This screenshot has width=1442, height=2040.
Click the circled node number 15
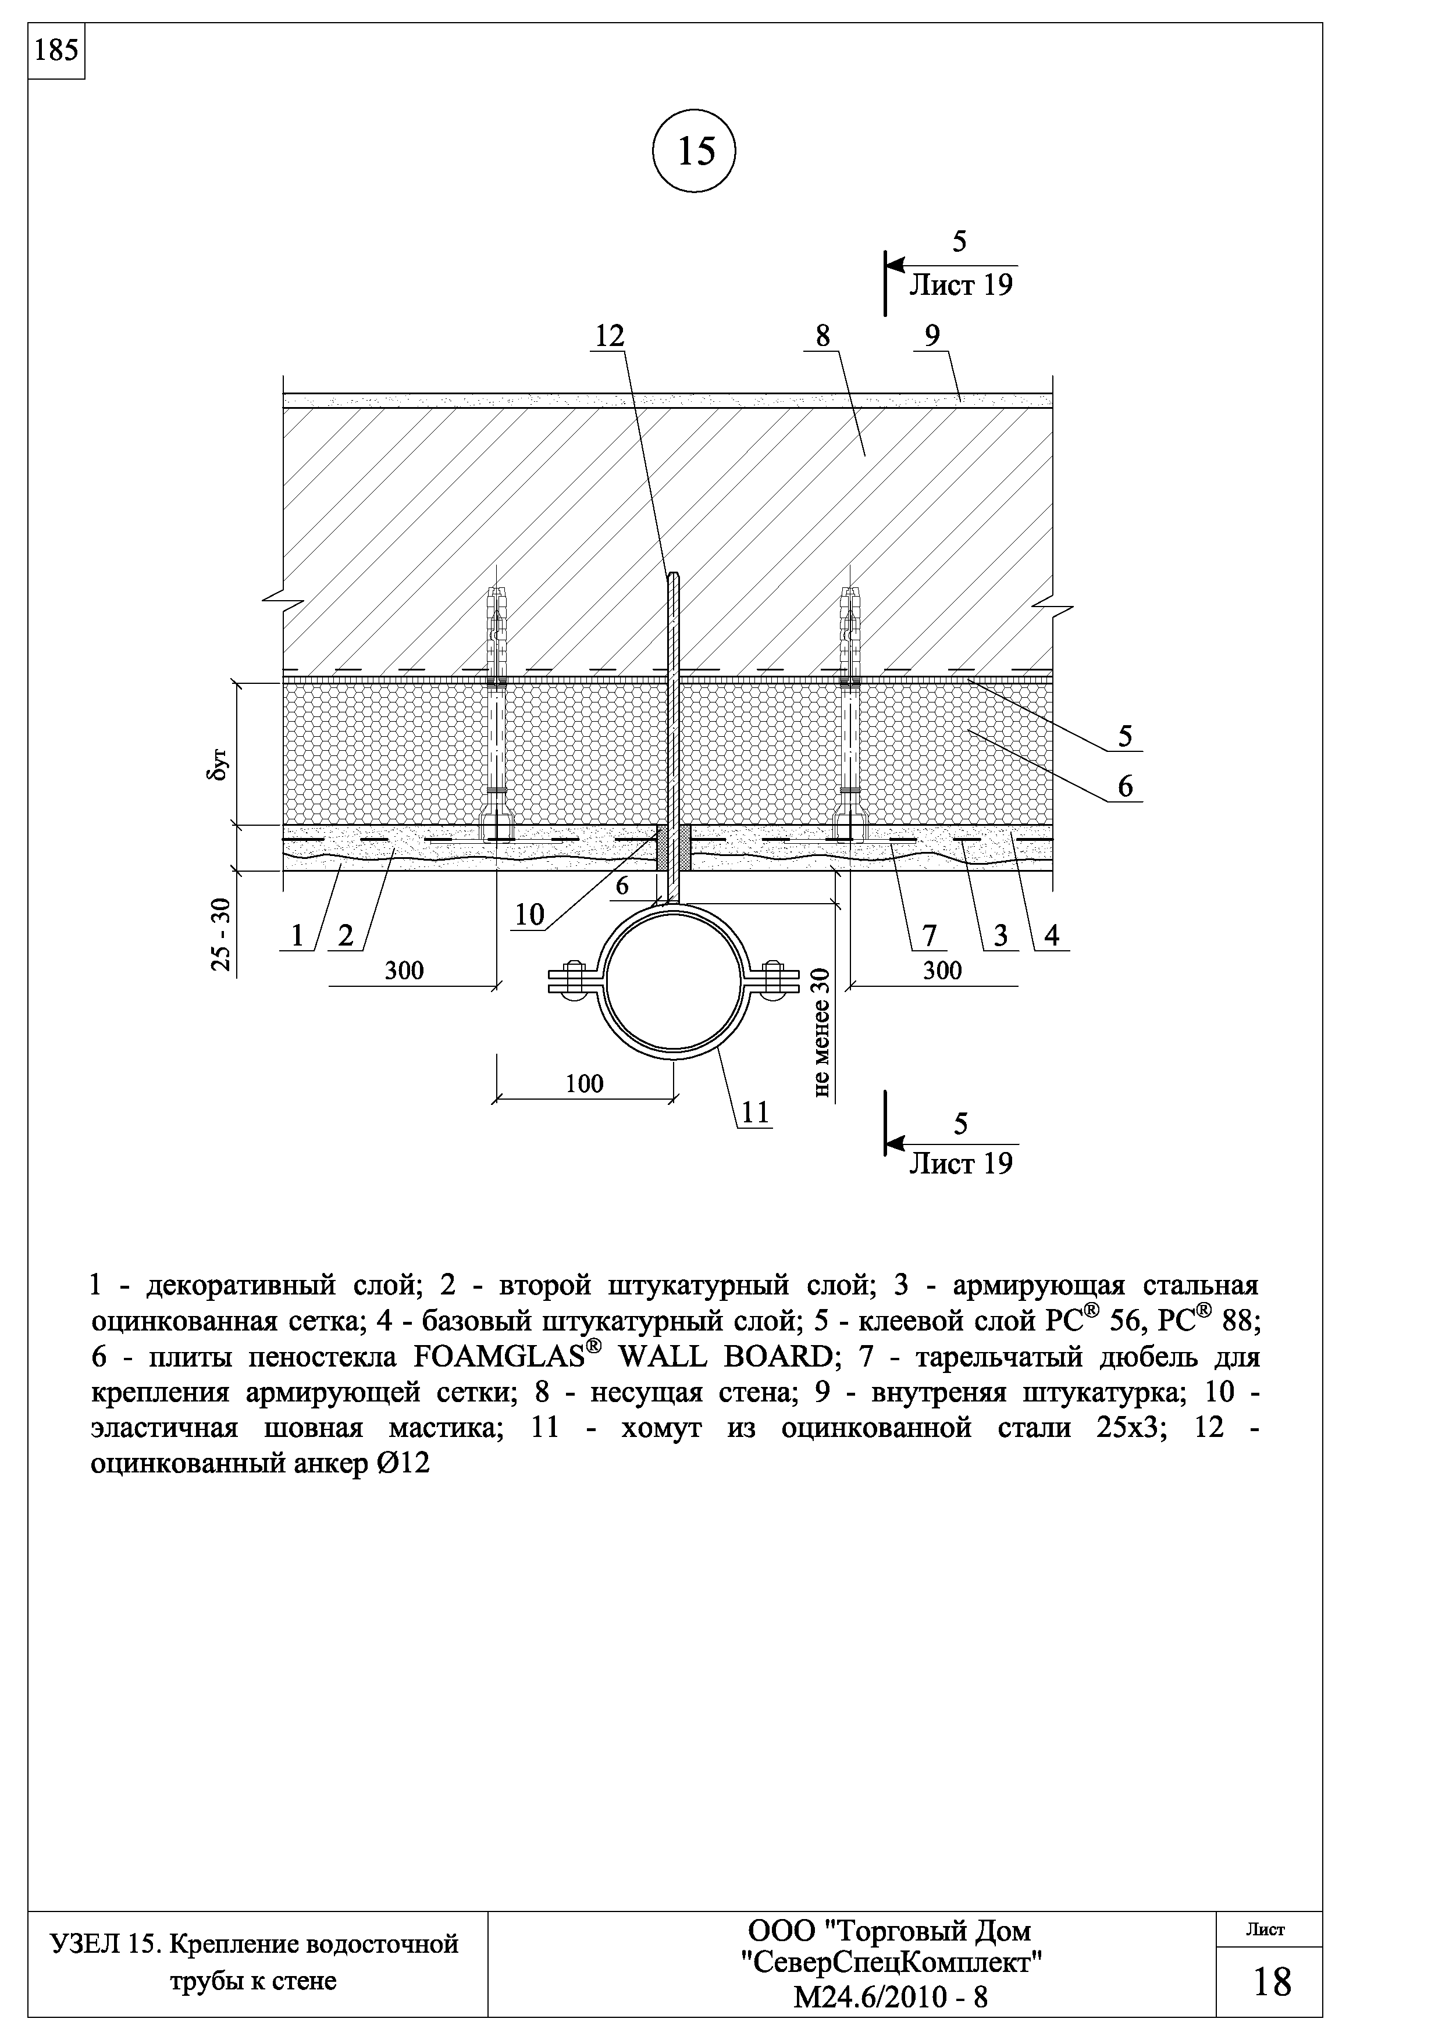(695, 152)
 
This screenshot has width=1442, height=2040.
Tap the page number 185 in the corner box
(56, 51)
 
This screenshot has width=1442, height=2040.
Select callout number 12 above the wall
(610, 336)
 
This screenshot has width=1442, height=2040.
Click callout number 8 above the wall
(822, 336)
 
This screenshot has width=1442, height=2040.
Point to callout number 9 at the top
(931, 336)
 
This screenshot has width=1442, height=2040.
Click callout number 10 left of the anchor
(529, 915)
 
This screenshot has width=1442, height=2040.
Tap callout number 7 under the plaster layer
(930, 935)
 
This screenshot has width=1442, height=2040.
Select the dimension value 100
(584, 1083)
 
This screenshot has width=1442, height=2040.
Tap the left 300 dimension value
(404, 970)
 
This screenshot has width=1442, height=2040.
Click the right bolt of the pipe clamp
(775, 981)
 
